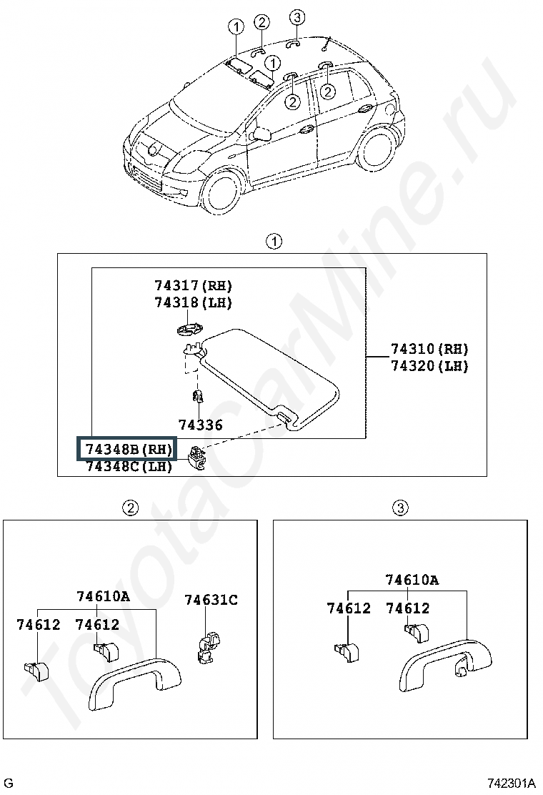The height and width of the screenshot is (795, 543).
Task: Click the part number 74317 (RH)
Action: coord(194,286)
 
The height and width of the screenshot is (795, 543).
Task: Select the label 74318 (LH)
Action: coord(194,302)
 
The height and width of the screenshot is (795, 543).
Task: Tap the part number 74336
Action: coord(201,425)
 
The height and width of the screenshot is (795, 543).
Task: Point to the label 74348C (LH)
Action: coord(129,467)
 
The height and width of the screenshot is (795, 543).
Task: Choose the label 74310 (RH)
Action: coord(429,349)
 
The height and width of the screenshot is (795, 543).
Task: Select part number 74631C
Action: coord(211,600)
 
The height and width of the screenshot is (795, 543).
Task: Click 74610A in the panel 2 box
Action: coord(104,596)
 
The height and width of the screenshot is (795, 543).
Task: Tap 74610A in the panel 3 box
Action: coord(412,580)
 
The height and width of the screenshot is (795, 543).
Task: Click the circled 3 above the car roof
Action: coord(297,17)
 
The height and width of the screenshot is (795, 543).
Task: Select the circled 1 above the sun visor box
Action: coord(274,241)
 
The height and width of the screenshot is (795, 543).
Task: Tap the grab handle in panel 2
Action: coord(134,683)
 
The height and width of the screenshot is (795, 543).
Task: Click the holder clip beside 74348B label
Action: coord(196,456)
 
